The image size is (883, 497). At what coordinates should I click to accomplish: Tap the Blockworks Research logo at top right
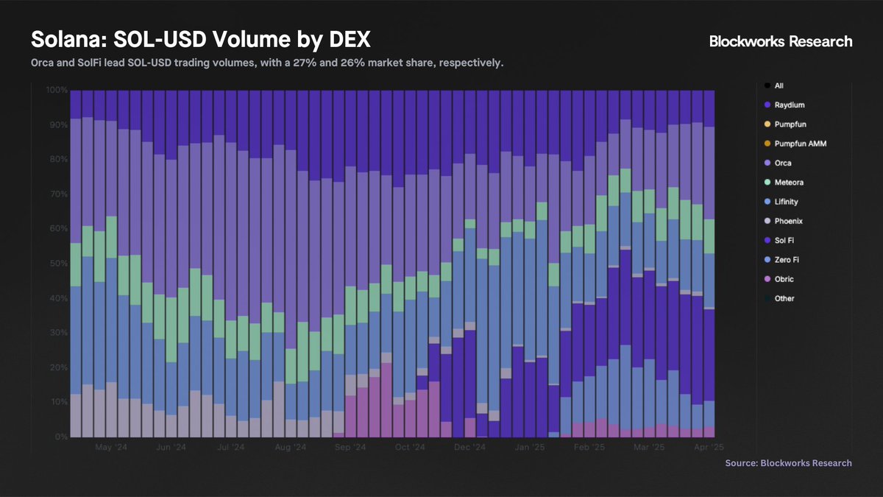pos(781,41)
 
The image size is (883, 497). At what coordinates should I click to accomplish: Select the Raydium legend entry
pos(790,105)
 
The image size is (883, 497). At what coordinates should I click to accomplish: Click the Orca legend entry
pos(784,163)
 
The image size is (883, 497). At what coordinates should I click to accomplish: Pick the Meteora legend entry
pos(789,183)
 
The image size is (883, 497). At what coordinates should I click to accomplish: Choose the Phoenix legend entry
pos(789,221)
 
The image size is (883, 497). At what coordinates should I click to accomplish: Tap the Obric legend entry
pos(784,279)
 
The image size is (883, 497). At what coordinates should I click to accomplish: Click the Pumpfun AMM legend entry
pos(800,144)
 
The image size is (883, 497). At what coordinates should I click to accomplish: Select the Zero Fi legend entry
pos(788,260)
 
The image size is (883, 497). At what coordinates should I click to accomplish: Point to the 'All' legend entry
pos(779,86)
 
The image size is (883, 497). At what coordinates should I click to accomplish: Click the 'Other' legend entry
pos(784,298)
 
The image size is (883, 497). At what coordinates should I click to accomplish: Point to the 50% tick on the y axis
pos(57,264)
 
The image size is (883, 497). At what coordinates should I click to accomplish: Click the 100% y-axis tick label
pos(56,90)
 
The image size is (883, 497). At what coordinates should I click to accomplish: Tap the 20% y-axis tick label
pos(57,367)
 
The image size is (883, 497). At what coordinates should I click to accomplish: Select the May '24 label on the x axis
pos(109,447)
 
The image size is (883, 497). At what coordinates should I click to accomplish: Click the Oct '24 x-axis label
pos(409,447)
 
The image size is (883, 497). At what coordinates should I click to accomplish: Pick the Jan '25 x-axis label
pos(529,447)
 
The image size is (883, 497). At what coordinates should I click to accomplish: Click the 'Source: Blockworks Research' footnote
pos(788,463)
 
